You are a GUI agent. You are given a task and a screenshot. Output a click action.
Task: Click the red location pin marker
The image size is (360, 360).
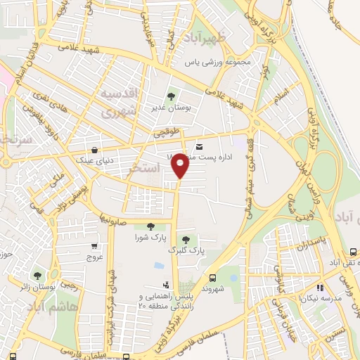click(180, 165)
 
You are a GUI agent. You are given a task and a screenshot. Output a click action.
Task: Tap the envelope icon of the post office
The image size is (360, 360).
click(200, 147)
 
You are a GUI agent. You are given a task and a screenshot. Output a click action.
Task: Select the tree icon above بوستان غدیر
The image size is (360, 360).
click(169, 96)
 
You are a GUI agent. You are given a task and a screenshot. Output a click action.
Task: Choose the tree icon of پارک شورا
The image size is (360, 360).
click(150, 226)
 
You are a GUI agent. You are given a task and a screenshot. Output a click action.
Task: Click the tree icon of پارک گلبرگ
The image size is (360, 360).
click(186, 239)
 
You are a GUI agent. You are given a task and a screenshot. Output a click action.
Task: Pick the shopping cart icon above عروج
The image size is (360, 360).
click(95, 247)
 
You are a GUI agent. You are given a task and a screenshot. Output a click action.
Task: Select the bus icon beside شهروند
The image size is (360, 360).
click(212, 277)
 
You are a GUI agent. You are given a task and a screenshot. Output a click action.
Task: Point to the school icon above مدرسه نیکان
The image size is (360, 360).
click(320, 287)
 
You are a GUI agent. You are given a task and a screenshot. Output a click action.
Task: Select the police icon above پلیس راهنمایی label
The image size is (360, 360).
click(166, 285)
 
